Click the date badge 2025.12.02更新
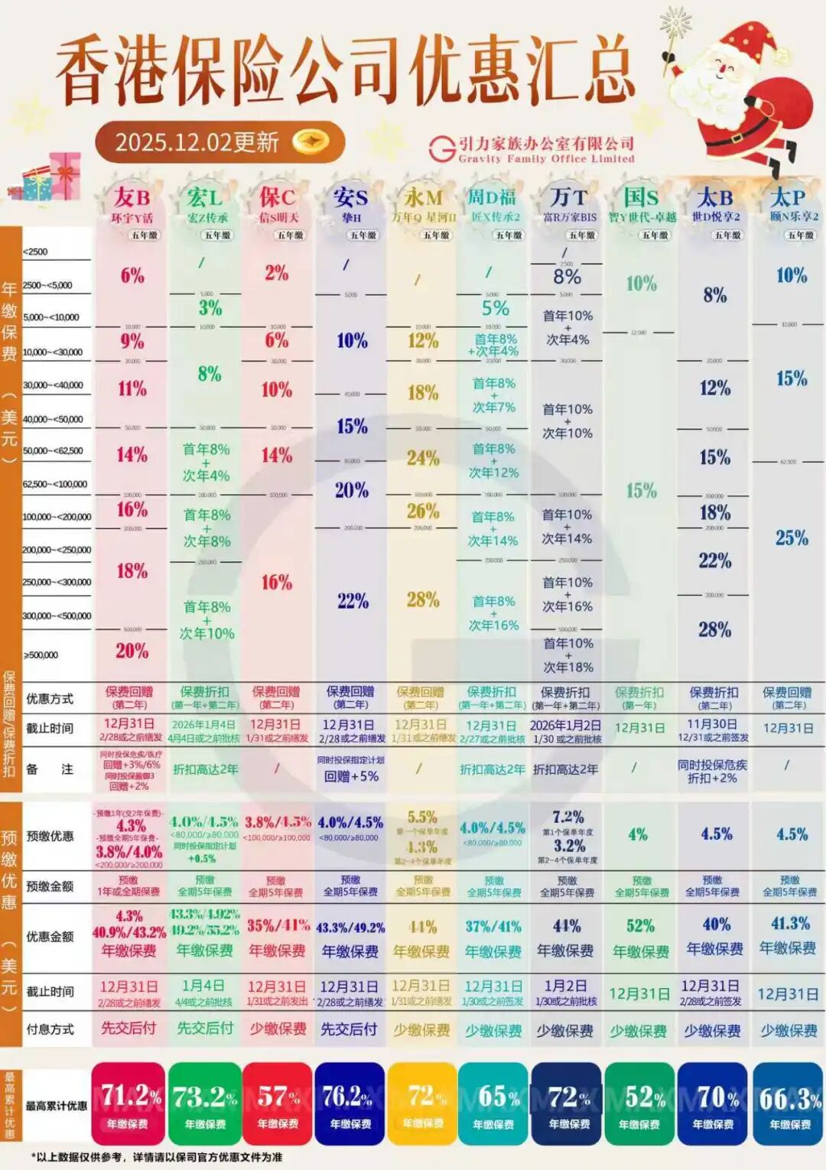click(x=219, y=142)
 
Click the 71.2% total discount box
click(x=128, y=1103)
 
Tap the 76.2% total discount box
click(x=350, y=1103)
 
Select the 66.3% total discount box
click(x=789, y=1103)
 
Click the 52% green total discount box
click(x=639, y=1103)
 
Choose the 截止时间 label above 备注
click(x=50, y=728)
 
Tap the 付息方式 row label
click(x=50, y=1029)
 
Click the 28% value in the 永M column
click(x=423, y=600)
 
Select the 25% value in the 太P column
click(x=792, y=538)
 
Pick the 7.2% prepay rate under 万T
click(x=567, y=817)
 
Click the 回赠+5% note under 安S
click(x=351, y=776)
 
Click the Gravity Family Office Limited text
click(x=546, y=159)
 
